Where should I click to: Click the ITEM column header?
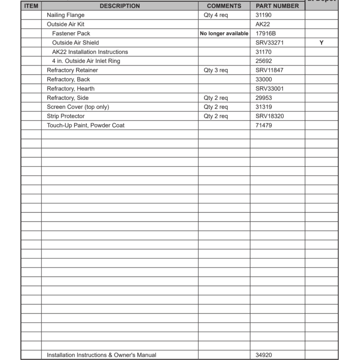[31, 6]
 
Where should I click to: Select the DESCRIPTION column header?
[120, 6]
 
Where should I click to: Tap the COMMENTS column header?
[224, 6]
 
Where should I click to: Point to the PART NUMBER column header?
[277, 6]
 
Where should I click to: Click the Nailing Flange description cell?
[66, 15]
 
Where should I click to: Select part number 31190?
[264, 15]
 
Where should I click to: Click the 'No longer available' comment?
[224, 33]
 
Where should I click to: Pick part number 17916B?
[266, 33]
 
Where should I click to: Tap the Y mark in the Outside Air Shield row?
[321, 42]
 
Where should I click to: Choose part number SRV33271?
[270, 42]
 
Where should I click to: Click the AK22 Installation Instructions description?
[90, 52]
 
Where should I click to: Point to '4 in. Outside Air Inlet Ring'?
[86, 61]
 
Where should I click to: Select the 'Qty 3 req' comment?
[216, 70]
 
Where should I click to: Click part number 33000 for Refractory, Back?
[264, 79]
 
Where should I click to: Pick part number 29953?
[264, 98]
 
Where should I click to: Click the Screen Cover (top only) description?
[78, 107]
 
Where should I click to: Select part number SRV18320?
[270, 116]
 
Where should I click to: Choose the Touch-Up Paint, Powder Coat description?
[86, 125]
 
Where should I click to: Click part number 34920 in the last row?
[264, 355]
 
